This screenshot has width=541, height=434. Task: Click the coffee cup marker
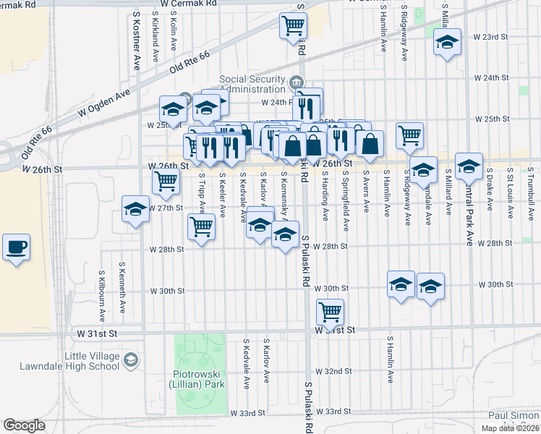tap(16, 247)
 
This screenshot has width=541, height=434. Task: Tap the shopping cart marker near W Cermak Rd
tap(294, 25)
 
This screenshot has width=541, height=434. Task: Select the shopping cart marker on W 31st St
tap(331, 312)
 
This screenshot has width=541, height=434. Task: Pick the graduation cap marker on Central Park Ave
tap(469, 168)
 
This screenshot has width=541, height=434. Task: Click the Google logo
tap(24, 425)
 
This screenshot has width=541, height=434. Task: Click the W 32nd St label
tap(337, 371)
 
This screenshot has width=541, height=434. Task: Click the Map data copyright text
tap(510, 428)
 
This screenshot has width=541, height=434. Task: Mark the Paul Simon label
tap(514, 415)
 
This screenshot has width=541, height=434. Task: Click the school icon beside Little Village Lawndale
tap(131, 359)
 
